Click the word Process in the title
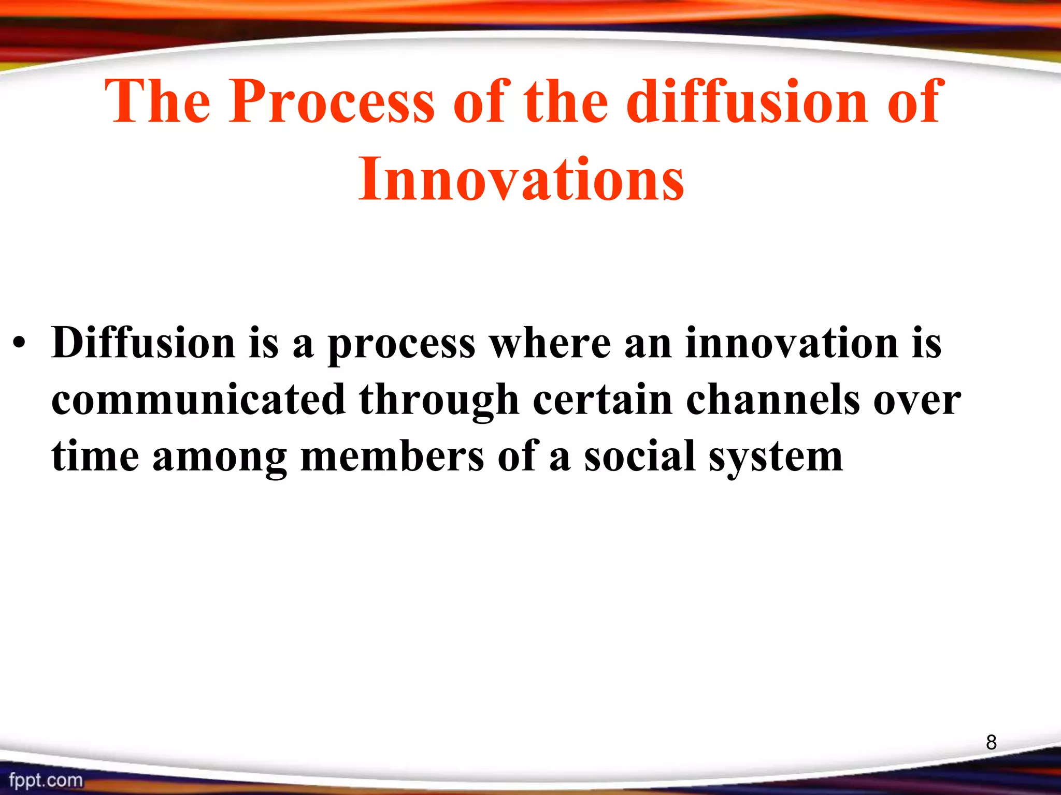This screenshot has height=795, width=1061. pyautogui.click(x=332, y=102)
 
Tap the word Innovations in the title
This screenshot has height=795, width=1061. pyautogui.click(x=521, y=179)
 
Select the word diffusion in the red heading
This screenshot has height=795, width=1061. pyautogui.click(x=747, y=102)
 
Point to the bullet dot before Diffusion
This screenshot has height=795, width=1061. pyautogui.click(x=19, y=344)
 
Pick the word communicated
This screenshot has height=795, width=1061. pyautogui.click(x=198, y=400)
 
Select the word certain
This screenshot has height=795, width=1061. pyautogui.click(x=603, y=400)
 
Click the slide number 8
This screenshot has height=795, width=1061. pyautogui.click(x=991, y=742)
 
